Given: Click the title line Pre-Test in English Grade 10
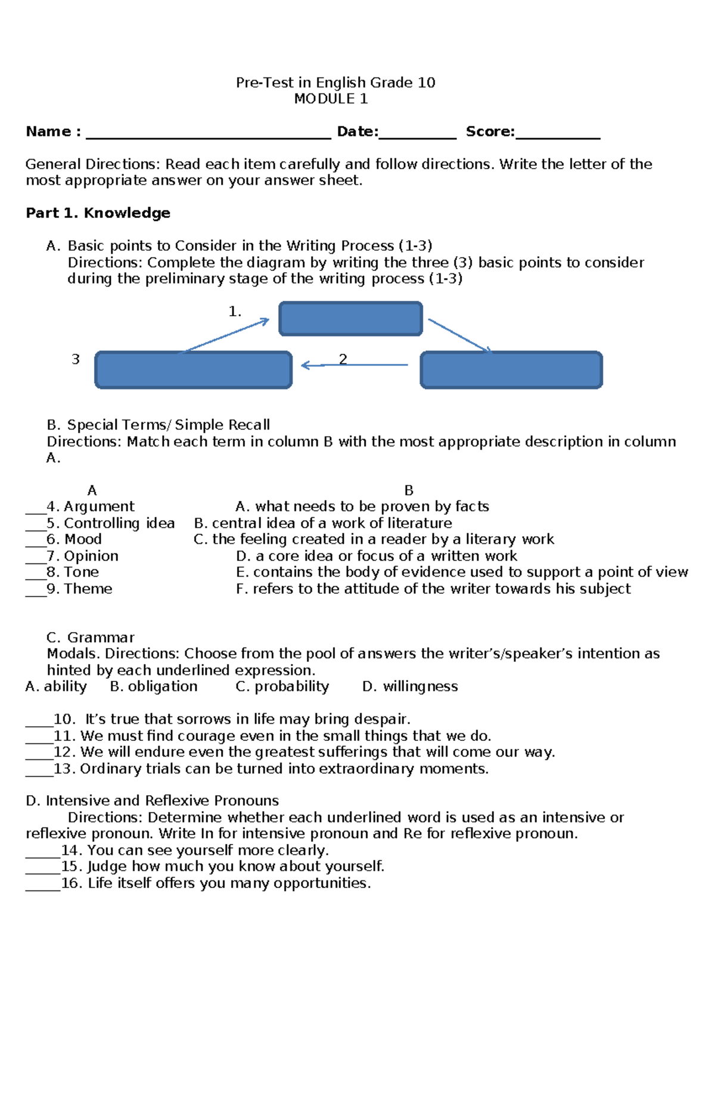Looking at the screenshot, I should [x=335, y=83].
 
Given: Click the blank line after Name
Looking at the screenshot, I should [x=208, y=136].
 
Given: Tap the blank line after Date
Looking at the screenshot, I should [x=417, y=136].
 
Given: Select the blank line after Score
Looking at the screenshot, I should [x=558, y=136].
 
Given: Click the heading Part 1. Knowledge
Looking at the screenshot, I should [x=98, y=213].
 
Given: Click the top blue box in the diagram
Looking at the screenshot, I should [x=350, y=319].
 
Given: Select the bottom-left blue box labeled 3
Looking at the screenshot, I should [x=193, y=370].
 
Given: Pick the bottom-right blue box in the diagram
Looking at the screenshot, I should [x=511, y=370].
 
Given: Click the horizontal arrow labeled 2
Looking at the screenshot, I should [x=355, y=365].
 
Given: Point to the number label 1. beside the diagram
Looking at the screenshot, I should [x=235, y=312].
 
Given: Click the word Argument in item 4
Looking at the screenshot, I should [x=99, y=507].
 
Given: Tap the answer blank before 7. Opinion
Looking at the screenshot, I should [x=35, y=559].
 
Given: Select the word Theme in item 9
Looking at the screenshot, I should [x=88, y=589].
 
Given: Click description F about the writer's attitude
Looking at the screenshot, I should [x=433, y=589].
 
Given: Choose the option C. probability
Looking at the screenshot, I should [x=282, y=687].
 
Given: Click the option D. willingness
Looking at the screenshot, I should [x=410, y=687].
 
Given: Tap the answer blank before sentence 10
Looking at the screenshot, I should [x=39, y=723].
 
